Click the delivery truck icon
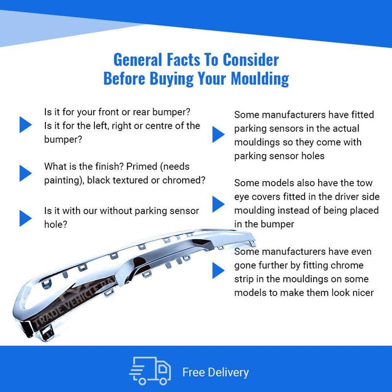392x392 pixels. click(x=150, y=371)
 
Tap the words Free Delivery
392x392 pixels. click(x=216, y=372)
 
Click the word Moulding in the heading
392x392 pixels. click(x=260, y=78)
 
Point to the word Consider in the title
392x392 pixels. click(x=251, y=60)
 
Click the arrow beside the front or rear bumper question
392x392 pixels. click(x=26, y=124)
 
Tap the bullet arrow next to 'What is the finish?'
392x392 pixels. click(x=26, y=173)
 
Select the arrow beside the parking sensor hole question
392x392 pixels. click(x=26, y=218)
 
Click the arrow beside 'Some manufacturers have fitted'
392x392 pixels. click(x=218, y=135)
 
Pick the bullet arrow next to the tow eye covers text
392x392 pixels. click(x=218, y=204)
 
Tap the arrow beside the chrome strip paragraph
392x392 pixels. click(x=218, y=270)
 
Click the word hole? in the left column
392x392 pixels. click(x=56, y=224)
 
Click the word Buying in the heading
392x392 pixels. click(x=171, y=78)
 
